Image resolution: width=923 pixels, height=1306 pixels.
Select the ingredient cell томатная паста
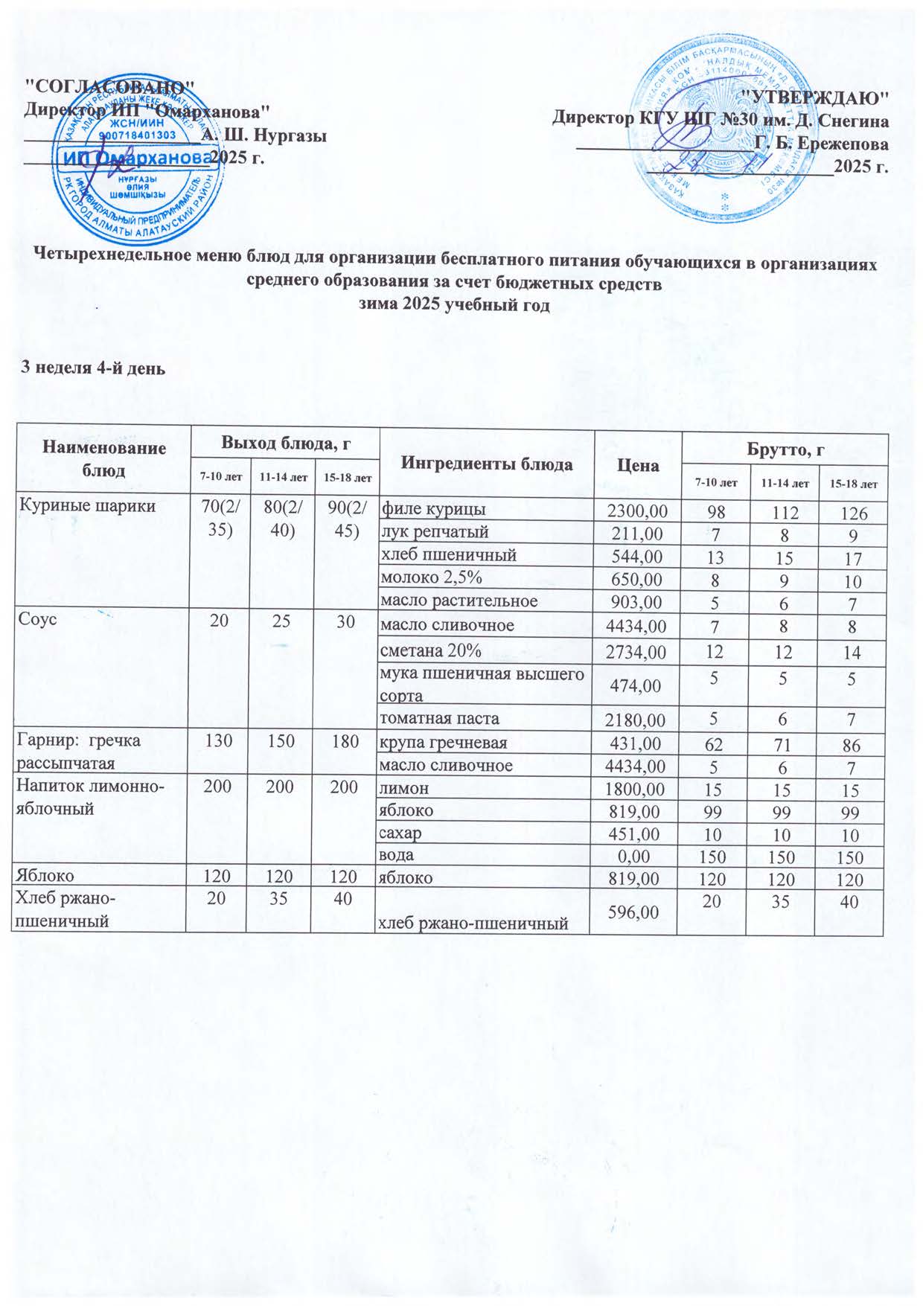pyautogui.click(x=439, y=719)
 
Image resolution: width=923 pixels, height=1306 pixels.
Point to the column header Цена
pyautogui.click(x=638, y=466)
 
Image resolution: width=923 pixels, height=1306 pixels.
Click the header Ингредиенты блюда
pyautogui.click(x=487, y=464)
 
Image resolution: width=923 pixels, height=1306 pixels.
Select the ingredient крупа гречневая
pyautogui.click(x=444, y=743)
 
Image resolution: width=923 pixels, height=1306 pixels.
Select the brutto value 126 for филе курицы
pyautogui.click(x=850, y=513)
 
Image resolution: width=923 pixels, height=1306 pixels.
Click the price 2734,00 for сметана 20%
pyautogui.click(x=636, y=653)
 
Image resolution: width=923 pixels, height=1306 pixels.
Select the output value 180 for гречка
pyautogui.click(x=344, y=741)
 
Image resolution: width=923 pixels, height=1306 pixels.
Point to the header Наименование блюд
pyautogui.click(x=103, y=459)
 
